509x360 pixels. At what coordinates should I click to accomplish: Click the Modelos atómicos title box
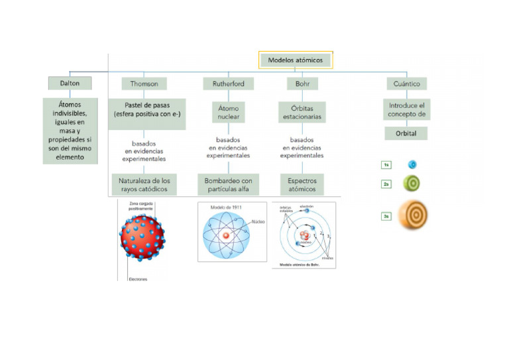[x=295, y=60]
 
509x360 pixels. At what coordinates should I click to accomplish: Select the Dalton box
[x=69, y=84]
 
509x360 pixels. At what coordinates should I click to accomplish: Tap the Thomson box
[x=144, y=84]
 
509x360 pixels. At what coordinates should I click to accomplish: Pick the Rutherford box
[x=228, y=84]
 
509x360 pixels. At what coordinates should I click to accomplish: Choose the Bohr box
[x=302, y=84]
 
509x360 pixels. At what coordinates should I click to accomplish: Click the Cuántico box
[x=407, y=84]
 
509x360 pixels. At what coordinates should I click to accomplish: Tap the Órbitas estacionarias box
[x=302, y=111]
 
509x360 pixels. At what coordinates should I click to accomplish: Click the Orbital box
[x=407, y=133]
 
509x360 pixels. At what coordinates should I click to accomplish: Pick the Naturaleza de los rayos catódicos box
[x=144, y=185]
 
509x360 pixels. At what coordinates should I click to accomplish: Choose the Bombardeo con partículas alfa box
[x=228, y=185]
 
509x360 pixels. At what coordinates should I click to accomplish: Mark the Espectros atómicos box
[x=302, y=185]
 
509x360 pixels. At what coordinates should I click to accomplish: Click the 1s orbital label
[x=386, y=165]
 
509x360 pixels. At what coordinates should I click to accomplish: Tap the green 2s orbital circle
[x=412, y=184]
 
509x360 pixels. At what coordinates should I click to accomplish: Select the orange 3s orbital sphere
[x=415, y=216]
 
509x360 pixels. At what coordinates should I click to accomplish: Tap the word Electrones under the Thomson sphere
[x=138, y=279]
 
